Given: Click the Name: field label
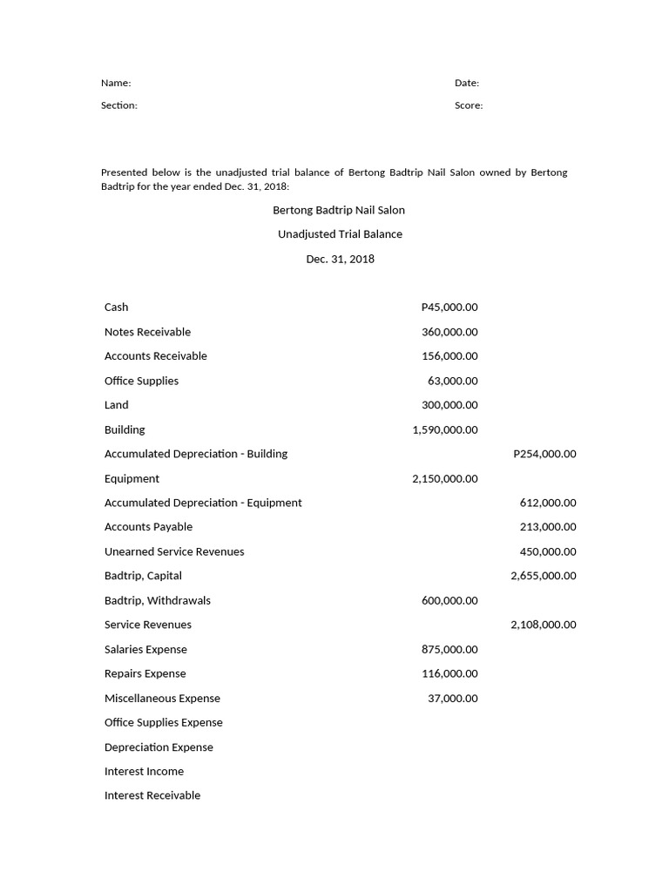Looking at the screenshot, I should click(x=116, y=83).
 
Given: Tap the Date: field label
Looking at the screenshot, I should click(x=467, y=83).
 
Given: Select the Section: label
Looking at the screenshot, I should click(x=119, y=105).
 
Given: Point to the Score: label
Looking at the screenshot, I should click(x=469, y=105).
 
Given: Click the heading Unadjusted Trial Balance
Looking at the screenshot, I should click(x=340, y=234).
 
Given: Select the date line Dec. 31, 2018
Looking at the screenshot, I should click(x=340, y=259).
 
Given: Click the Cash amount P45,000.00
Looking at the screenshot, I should click(x=449, y=307).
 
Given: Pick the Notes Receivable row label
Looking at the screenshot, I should click(x=147, y=332).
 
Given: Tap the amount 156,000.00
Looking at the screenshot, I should click(x=449, y=356).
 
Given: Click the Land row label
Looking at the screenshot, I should click(x=116, y=405).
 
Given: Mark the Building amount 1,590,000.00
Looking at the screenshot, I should click(x=445, y=429).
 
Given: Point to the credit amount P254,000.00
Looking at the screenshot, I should click(x=544, y=454).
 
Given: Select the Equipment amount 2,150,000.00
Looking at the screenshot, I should click(x=445, y=478).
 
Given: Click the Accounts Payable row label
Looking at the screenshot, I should click(x=148, y=527).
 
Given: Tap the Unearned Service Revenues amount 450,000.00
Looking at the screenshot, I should click(x=548, y=551).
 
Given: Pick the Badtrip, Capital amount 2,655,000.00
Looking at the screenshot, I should click(x=544, y=576).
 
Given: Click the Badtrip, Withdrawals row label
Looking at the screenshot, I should click(x=158, y=600).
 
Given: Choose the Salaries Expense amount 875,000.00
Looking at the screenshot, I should click(x=449, y=649).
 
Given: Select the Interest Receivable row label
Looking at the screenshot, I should click(x=152, y=795).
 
